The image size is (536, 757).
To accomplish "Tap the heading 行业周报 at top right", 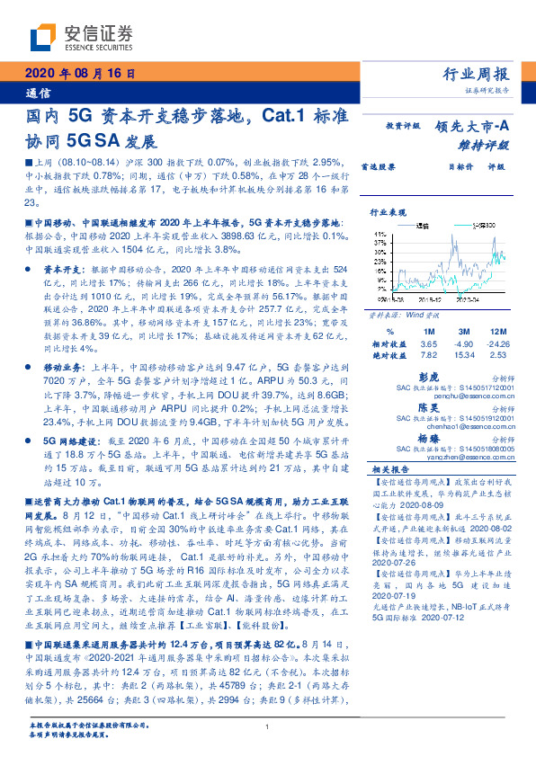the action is click(x=478, y=75).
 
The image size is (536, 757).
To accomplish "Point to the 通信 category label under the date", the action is click(x=35, y=93).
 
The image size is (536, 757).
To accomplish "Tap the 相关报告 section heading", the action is click(x=390, y=470).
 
